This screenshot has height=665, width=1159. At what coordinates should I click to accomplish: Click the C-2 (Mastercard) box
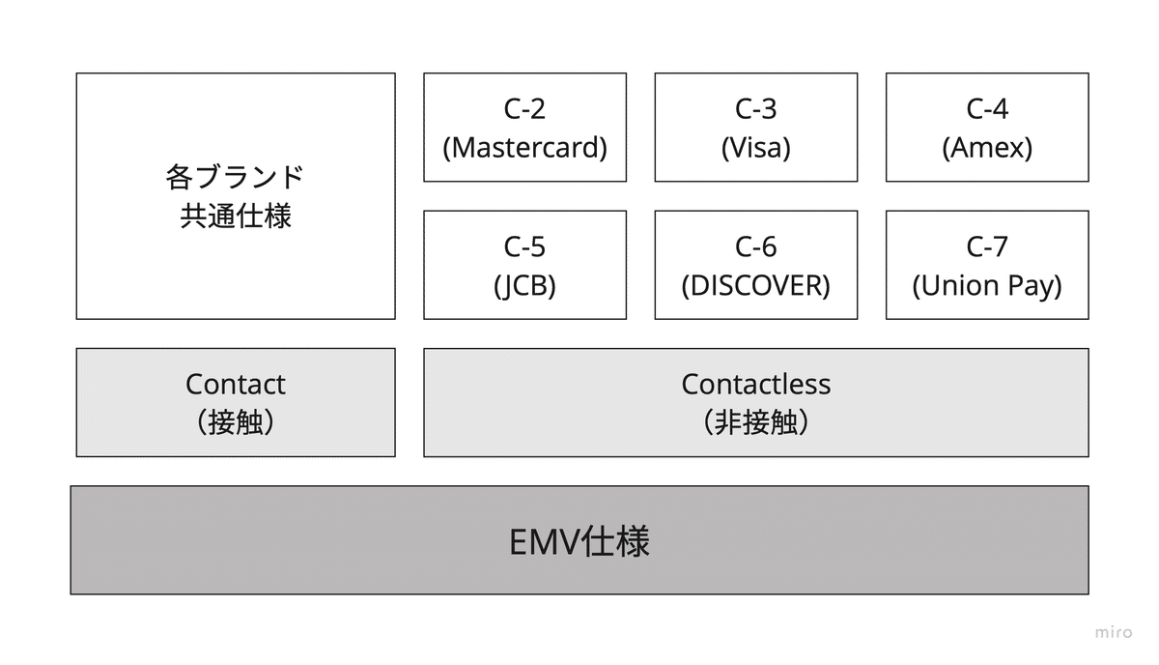click(x=524, y=127)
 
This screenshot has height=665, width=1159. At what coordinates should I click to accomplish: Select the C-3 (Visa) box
click(x=755, y=127)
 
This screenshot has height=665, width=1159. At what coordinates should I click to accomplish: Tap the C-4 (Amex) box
click(x=987, y=127)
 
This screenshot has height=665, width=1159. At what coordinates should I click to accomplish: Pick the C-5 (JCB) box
click(x=524, y=265)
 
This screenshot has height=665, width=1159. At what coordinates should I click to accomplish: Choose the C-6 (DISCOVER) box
click(x=755, y=265)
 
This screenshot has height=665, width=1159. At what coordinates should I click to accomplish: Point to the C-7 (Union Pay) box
click(x=987, y=265)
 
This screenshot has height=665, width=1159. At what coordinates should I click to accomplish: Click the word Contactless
click(x=755, y=384)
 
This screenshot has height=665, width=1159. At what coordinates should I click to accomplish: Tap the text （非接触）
click(x=755, y=422)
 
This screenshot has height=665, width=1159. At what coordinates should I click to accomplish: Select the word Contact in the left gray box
click(x=236, y=384)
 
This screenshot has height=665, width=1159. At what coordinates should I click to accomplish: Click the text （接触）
click(x=236, y=422)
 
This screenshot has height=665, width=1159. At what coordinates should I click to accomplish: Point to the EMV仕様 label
click(x=579, y=541)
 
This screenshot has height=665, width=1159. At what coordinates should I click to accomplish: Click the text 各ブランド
click(x=236, y=177)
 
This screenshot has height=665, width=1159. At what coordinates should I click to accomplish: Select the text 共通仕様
click(x=236, y=216)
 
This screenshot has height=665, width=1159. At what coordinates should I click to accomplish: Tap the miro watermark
click(x=1114, y=632)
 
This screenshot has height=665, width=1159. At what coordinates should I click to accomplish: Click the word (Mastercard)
click(x=524, y=148)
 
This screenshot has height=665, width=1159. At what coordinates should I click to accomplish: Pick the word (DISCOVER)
click(x=755, y=286)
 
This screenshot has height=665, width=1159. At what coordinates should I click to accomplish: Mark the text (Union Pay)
click(x=987, y=286)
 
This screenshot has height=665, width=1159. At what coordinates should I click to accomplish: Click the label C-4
click(x=987, y=109)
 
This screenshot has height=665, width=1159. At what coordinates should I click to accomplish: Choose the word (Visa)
click(x=755, y=148)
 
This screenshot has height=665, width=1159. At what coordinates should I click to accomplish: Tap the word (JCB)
click(x=524, y=286)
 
